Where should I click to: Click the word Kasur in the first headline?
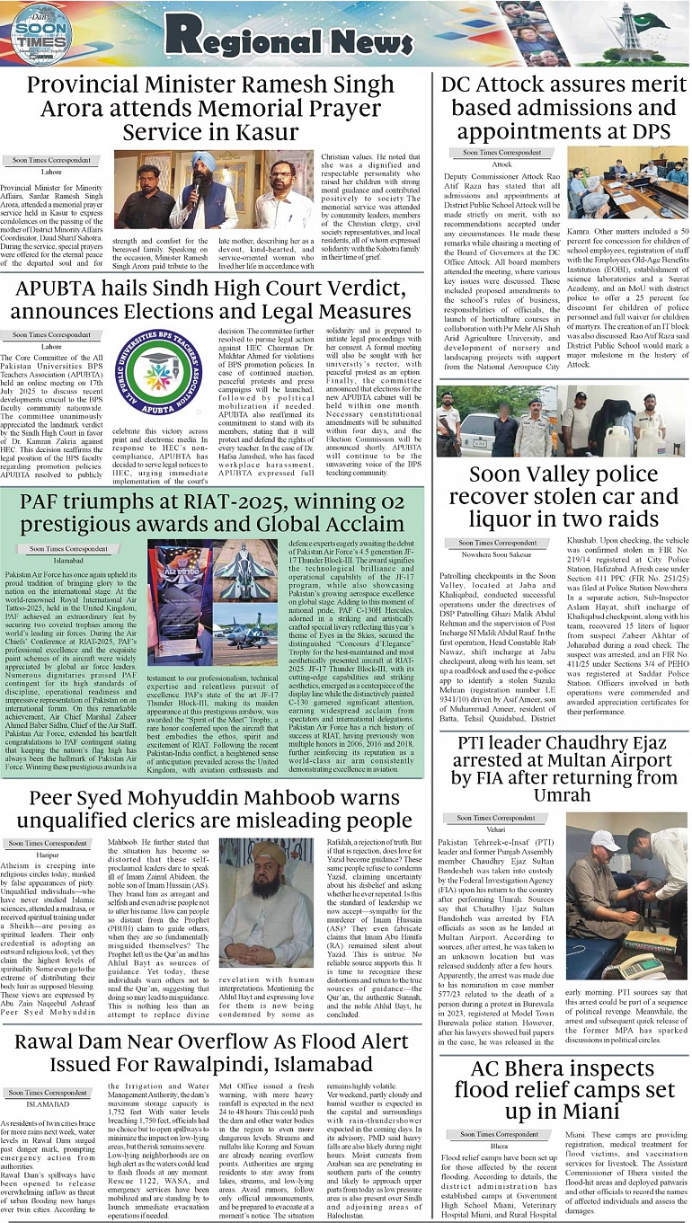coord(271,132)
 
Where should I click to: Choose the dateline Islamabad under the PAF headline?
coord(68,559)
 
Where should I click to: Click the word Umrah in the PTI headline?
coord(563,795)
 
